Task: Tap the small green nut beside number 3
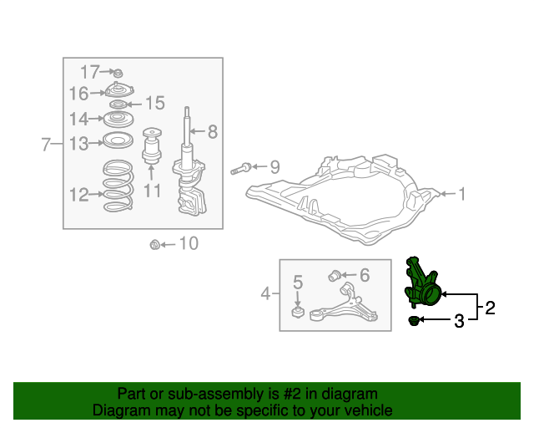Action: pos(414,320)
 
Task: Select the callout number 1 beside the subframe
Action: pos(461,194)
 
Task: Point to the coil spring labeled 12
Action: pos(118,186)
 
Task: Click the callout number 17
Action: pos(90,72)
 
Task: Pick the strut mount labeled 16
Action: pos(118,89)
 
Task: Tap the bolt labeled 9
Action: pos(241,169)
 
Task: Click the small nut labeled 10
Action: pos(155,245)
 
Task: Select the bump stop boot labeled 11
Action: pos(152,145)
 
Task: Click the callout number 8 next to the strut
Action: pos(213,131)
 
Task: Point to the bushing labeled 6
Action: pos(335,275)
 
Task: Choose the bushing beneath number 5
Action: pos(298,313)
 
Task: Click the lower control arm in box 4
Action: pos(344,303)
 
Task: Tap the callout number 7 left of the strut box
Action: pos(46,144)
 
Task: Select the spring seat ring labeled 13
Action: pos(118,140)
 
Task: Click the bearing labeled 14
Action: pos(118,119)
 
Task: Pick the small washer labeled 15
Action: pos(118,104)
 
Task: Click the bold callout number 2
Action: pos(490,308)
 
